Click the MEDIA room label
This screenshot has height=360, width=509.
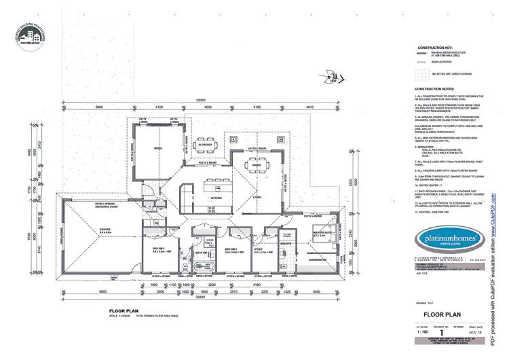(158, 147)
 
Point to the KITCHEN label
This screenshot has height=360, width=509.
(216, 198)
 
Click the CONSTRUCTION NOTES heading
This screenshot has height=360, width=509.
(434, 89)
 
